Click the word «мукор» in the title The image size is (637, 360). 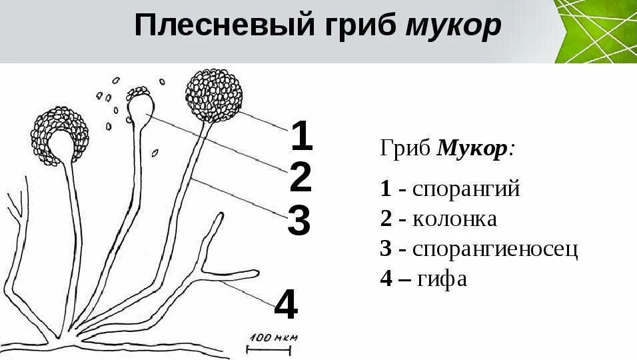[x=452, y=27]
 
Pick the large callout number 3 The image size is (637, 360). [x=299, y=221]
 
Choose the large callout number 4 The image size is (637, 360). [x=286, y=306]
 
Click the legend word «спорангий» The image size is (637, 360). [x=466, y=189]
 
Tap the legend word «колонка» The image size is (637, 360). [x=454, y=219]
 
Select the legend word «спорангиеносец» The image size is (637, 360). [x=495, y=249]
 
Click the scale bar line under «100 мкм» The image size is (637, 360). [x=273, y=348]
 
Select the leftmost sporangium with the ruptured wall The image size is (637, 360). [x=59, y=137]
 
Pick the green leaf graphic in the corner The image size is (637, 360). [x=596, y=30]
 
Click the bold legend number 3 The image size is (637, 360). [x=386, y=249]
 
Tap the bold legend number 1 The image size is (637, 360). [x=386, y=189]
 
